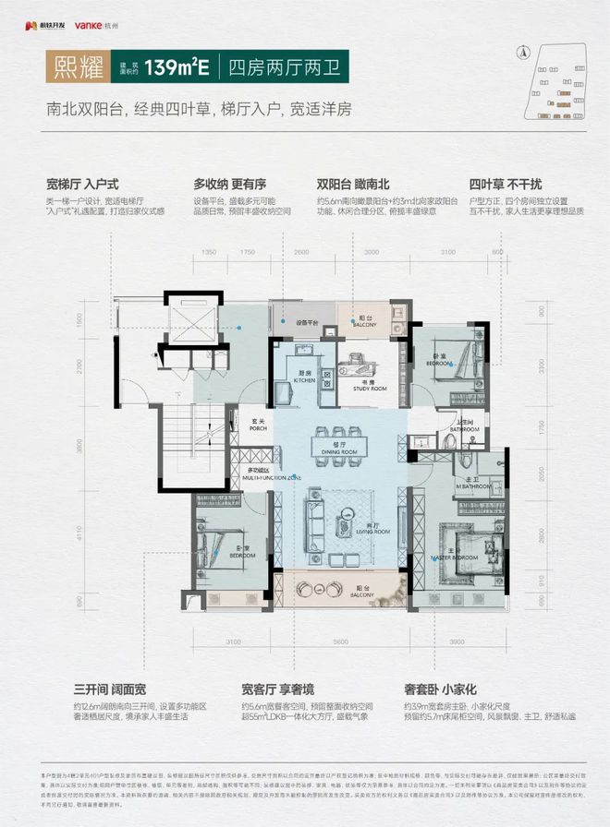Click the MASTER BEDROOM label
click(456, 557)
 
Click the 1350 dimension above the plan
click(209, 251)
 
